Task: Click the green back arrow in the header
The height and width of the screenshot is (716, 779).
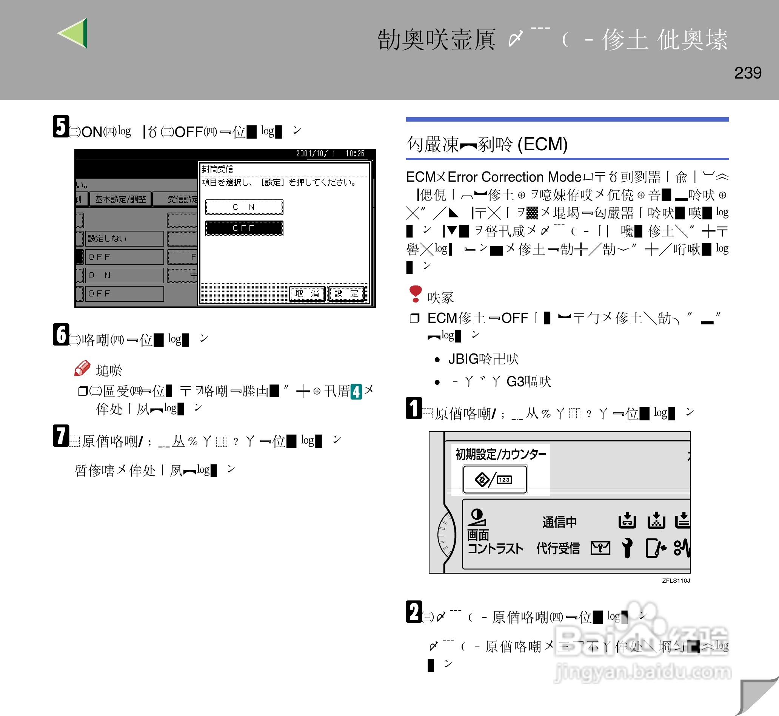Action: [x=74, y=33]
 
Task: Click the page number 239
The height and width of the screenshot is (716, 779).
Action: [x=747, y=73]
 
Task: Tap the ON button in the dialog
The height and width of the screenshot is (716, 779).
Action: [x=243, y=207]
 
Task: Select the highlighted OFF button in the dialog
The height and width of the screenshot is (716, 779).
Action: [x=243, y=228]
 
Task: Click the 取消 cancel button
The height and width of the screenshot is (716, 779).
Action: [x=306, y=294]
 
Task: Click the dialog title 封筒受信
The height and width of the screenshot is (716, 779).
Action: [x=218, y=169]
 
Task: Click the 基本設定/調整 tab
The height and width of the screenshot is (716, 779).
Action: [x=120, y=199]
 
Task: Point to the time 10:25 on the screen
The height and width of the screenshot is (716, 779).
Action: [x=355, y=153]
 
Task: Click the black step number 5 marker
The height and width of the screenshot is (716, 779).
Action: [x=61, y=126]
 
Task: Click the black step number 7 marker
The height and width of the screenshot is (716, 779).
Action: [x=61, y=435]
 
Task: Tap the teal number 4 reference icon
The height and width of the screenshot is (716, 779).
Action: [x=356, y=391]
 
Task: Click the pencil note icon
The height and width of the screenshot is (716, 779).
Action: [x=82, y=368]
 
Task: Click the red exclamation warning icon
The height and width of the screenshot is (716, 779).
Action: [x=415, y=293]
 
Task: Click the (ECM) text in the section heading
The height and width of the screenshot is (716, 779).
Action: [x=543, y=144]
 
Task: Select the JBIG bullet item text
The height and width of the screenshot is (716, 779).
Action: [x=483, y=359]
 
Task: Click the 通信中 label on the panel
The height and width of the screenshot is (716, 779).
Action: [x=559, y=522]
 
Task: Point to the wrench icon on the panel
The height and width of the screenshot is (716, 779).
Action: [x=627, y=548]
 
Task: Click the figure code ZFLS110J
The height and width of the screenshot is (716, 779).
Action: [x=676, y=580]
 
